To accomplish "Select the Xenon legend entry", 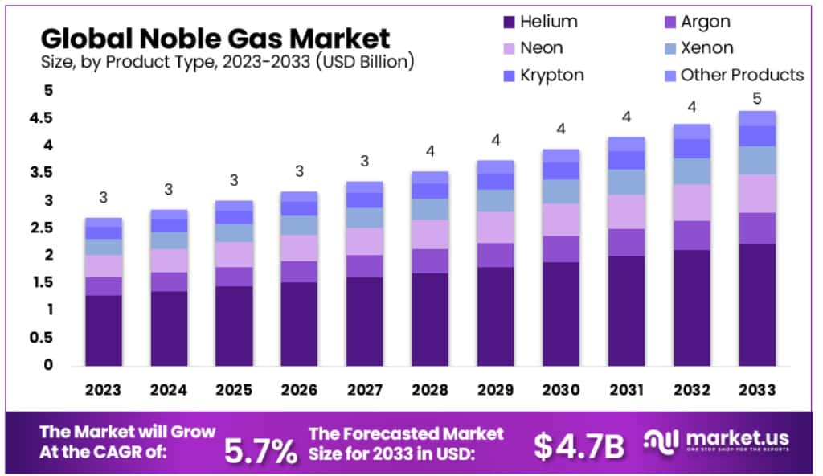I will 706,48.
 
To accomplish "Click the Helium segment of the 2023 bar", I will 104,330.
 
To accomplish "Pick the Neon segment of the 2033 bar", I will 757,193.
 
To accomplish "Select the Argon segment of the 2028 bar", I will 430,261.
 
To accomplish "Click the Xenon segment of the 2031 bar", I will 626,182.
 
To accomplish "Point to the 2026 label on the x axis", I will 300,390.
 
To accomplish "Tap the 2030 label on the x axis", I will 560,390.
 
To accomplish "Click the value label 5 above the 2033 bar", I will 757,96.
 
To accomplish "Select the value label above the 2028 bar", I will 430,151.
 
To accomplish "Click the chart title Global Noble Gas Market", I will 215,38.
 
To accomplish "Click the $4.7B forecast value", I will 579,447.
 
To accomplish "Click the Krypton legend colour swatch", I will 507,75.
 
